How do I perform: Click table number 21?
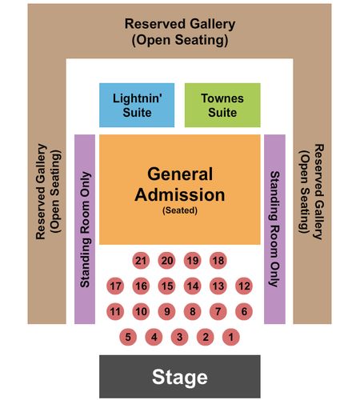(141, 261)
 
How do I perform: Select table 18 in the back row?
(218, 261)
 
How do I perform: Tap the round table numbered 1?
(231, 337)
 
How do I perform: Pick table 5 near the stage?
(128, 337)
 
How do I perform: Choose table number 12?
(244, 286)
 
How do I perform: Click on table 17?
(115, 286)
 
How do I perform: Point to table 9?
(166, 311)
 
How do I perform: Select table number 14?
(192, 286)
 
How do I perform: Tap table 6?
(244, 311)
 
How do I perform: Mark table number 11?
(115, 311)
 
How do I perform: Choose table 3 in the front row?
(179, 337)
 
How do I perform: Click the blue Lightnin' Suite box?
(137, 105)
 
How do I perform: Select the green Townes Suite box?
(222, 105)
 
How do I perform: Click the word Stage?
(180, 377)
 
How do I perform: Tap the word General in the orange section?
(180, 174)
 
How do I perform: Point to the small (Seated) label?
(180, 210)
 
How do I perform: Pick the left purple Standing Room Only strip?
(85, 229)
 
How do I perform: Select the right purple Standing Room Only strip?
(274, 229)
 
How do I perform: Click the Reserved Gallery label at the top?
(180, 24)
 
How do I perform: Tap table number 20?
(166, 261)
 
